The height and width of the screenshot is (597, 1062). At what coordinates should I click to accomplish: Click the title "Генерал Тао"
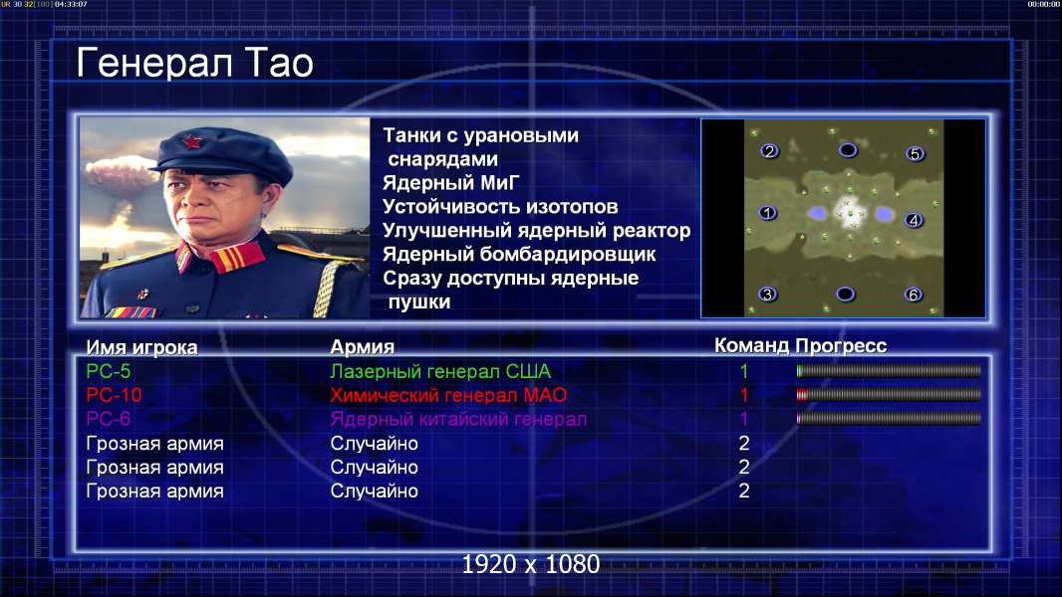(194, 63)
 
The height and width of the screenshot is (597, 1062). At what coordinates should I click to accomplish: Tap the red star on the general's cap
(191, 141)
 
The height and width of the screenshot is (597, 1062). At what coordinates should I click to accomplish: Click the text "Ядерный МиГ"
(451, 183)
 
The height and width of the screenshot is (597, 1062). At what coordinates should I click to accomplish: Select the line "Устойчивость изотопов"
(500, 206)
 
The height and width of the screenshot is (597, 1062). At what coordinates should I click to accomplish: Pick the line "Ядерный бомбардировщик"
(519, 254)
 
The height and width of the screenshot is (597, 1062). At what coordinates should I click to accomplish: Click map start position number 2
(769, 151)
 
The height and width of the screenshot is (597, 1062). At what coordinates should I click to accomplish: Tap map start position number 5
(915, 154)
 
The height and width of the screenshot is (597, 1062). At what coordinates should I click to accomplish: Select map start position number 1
(767, 213)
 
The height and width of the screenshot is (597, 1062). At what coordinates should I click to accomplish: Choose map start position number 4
(914, 221)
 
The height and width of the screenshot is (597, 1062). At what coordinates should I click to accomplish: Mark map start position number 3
(767, 295)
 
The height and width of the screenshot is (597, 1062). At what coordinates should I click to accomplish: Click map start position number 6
(914, 295)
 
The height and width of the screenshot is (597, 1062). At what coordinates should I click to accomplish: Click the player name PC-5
(109, 371)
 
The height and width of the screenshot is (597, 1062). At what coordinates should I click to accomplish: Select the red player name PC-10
(114, 395)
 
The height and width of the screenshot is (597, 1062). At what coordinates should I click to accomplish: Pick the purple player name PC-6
(109, 419)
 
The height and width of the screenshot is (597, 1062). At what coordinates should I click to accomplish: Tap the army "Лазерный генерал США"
(440, 371)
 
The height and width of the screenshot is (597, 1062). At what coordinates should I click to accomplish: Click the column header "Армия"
(363, 347)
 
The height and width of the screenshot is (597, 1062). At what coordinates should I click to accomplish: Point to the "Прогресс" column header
(841, 345)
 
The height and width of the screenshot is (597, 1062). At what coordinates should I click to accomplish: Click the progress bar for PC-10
(889, 395)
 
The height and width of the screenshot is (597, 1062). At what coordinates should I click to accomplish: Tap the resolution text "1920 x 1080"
(531, 564)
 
